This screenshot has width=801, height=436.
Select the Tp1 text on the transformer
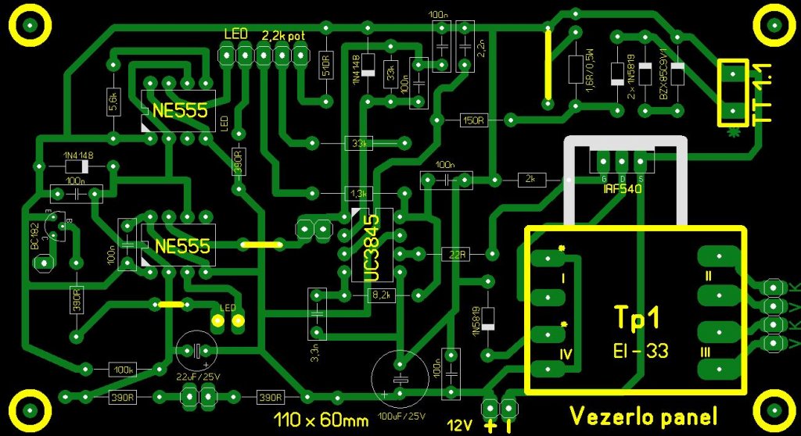pyautogui.click(x=638, y=318)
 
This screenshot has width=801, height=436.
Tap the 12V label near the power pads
pyautogui.click(x=459, y=426)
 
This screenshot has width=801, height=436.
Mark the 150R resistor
pyautogui.click(x=474, y=120)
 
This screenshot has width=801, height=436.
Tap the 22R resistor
pyautogui.click(x=458, y=253)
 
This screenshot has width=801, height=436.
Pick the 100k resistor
pyautogui.click(x=124, y=369)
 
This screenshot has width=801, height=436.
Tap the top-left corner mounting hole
pyautogui.click(x=31, y=26)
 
